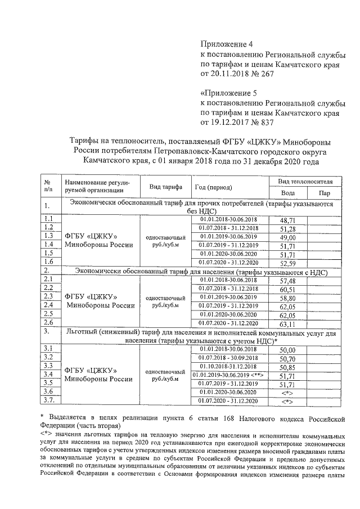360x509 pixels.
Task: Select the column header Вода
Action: (287, 193)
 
